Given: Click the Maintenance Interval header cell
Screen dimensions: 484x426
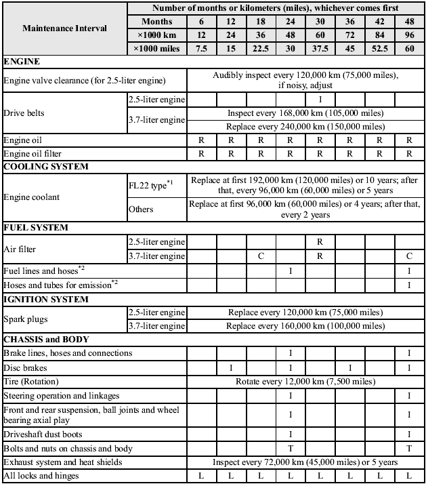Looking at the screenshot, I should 64,28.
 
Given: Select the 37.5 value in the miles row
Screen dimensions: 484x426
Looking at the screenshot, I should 320,48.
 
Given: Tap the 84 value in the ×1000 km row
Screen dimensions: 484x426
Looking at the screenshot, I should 379,35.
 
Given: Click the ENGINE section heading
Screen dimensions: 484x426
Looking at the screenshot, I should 22,62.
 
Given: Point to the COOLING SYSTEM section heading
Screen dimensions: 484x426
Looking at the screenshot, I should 45,166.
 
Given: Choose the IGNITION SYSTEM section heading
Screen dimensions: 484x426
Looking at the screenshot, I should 46,298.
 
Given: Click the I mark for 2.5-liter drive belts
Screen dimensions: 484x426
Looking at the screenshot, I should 320,100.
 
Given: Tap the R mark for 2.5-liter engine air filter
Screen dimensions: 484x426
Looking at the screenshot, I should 320,241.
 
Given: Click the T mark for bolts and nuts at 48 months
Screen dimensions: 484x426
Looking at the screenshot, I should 408,448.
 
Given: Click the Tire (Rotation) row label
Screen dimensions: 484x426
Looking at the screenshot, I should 33,381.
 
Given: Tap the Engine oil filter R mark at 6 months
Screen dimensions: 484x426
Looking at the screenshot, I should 201,153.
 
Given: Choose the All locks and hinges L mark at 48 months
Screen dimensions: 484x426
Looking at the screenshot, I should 408,476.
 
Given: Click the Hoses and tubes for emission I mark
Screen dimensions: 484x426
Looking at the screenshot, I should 408,284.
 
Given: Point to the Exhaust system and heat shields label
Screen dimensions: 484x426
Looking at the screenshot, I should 63,462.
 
